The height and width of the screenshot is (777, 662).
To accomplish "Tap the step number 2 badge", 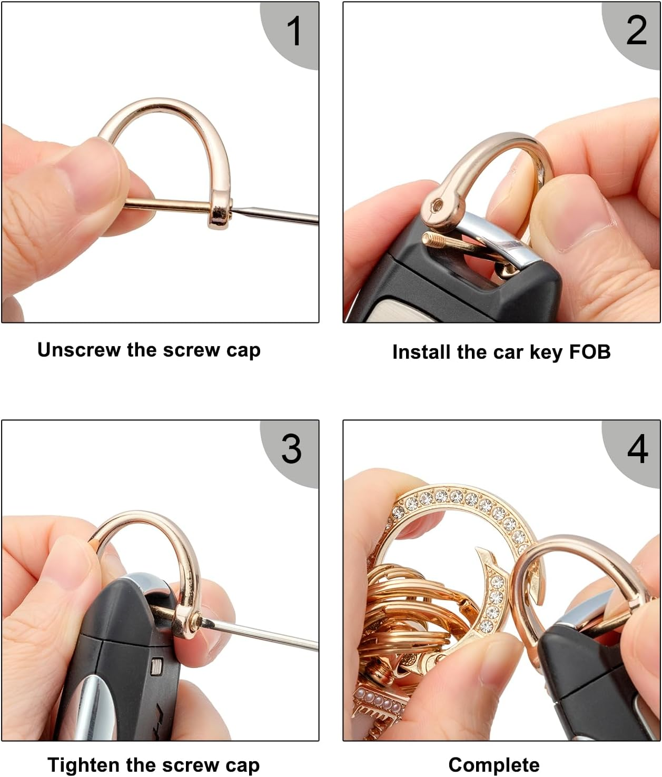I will click(636, 31).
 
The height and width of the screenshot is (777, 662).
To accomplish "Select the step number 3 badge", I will click(291, 449).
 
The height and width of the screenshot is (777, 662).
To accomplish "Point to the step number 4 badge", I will click(637, 449).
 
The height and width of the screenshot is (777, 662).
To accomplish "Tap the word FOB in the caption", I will click(590, 352).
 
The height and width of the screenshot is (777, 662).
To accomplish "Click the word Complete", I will click(493, 765).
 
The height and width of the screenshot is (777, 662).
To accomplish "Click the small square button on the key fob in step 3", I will click(156, 667).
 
